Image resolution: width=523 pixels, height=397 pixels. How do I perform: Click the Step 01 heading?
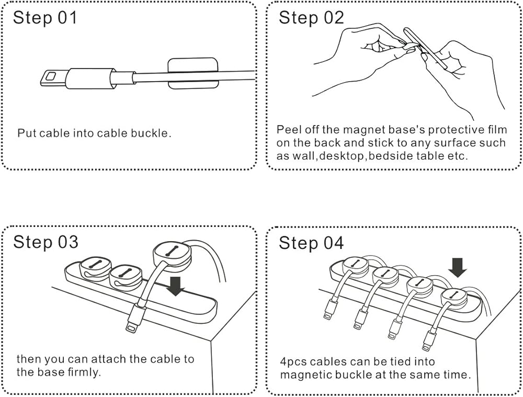pyautogui.click(x=45, y=18)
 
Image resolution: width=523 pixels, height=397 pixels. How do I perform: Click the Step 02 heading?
pyautogui.click(x=311, y=18)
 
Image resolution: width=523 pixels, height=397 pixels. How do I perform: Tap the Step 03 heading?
pyautogui.click(x=46, y=242)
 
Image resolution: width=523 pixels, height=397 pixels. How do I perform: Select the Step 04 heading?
pyautogui.click(x=311, y=243)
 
